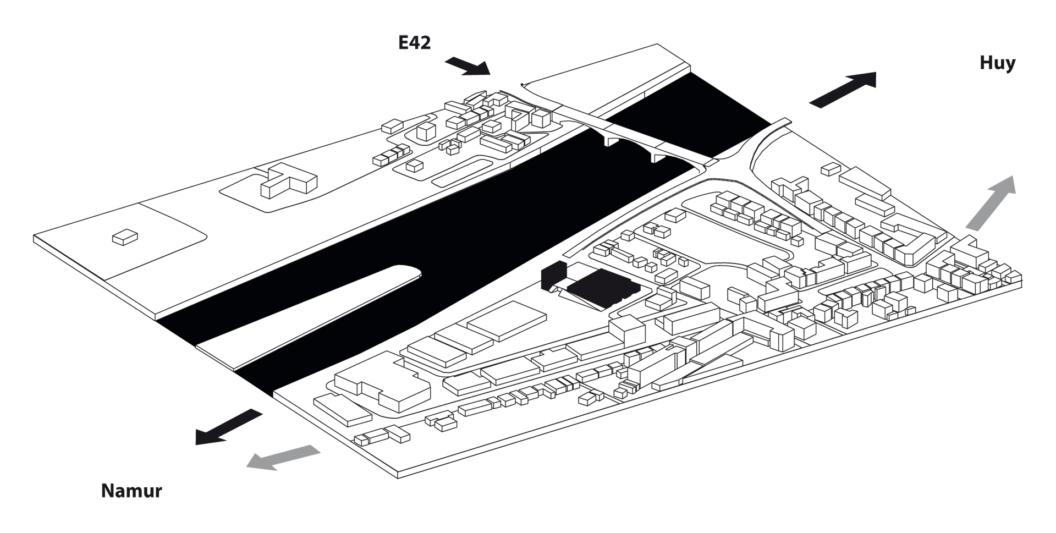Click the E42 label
pyautogui.click(x=414, y=43)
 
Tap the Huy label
pyautogui.click(x=997, y=63)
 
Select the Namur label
pyautogui.click(x=131, y=491)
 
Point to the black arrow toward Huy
pyautogui.click(x=843, y=89)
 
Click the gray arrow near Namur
pyautogui.click(x=283, y=457)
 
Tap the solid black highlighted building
pyautogui.click(x=602, y=288)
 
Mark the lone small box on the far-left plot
pyautogui.click(x=125, y=237)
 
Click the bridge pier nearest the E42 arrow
pyautogui.click(x=610, y=141)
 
